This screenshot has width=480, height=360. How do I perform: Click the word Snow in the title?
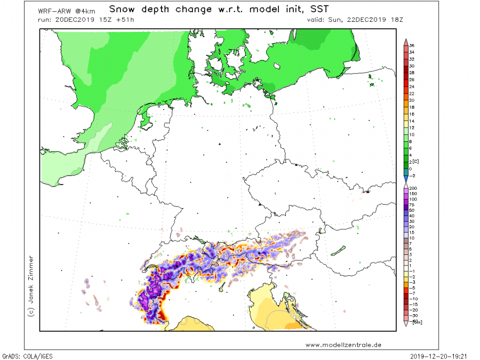coord(122,9)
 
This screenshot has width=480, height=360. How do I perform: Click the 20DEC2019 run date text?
coord(73,20)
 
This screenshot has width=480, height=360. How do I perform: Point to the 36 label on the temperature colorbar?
coord(412,45)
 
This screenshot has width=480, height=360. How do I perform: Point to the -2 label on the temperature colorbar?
coord(412,175)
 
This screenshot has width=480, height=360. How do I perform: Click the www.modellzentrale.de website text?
coord(343,345)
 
